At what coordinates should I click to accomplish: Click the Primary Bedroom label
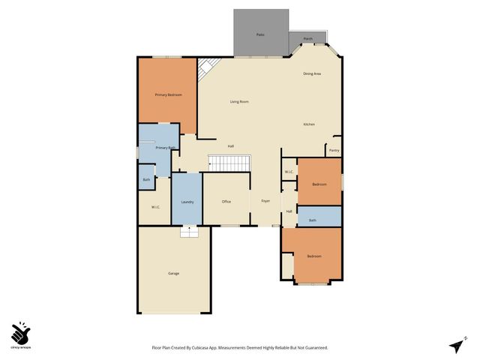[168, 95]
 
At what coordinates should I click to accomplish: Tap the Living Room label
[239, 101]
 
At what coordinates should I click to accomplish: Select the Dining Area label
[312, 73]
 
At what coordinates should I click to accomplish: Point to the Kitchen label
[309, 124]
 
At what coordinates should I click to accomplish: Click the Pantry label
[334, 151]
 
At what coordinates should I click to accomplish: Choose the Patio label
[260, 34]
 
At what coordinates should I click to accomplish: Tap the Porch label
[307, 38]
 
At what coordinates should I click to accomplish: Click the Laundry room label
[187, 202]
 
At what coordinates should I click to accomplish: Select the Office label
[226, 202]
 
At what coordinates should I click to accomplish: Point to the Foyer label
[265, 202]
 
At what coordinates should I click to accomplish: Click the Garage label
[173, 273]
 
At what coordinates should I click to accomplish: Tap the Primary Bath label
[165, 148]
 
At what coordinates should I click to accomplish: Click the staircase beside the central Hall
[228, 163]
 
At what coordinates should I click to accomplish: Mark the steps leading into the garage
[189, 232]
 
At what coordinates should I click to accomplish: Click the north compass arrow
[457, 344]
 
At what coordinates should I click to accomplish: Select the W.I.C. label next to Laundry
[155, 207]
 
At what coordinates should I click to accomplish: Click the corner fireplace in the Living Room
[205, 70]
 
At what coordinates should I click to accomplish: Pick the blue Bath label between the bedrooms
[312, 220]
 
